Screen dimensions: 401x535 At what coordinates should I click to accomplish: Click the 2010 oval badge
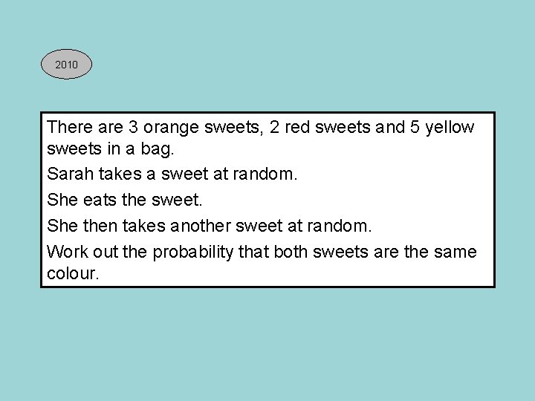[x=66, y=65]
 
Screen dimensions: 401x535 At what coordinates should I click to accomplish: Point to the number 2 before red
[x=276, y=127]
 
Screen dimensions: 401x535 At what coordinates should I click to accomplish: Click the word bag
[x=156, y=150]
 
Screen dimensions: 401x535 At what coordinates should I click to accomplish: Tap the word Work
[x=66, y=251]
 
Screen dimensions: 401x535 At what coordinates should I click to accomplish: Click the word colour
[x=72, y=273]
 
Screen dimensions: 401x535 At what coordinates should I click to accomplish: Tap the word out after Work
[x=106, y=251]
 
